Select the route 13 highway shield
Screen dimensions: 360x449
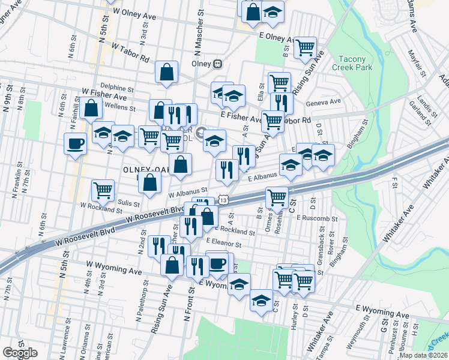tap(223, 198)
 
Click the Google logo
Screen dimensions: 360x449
tap(20, 353)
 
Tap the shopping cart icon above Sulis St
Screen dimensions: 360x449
tap(103, 190)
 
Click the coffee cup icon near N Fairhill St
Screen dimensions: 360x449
tap(76, 143)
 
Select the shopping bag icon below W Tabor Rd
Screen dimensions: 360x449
tap(166, 72)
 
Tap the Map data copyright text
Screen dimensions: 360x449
tap(424, 355)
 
